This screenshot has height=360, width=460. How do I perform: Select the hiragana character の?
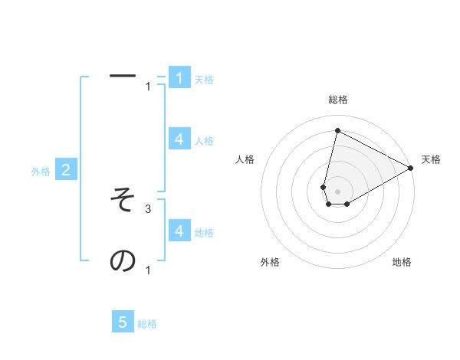[x=123, y=261]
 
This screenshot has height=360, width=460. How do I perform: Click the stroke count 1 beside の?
[x=148, y=270]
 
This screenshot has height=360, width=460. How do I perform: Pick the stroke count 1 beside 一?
[x=148, y=86]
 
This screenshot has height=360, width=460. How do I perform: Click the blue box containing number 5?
[x=123, y=322]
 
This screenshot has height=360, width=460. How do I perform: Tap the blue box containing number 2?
[x=66, y=170]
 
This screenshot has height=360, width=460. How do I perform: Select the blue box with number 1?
[x=179, y=77]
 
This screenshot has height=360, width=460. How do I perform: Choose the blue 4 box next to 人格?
[x=179, y=139]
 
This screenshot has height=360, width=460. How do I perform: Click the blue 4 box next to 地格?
[x=179, y=231]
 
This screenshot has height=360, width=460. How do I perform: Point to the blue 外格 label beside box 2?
[x=41, y=172]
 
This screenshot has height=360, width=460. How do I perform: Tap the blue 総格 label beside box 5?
[x=147, y=324]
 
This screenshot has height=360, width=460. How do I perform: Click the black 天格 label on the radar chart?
[x=431, y=159]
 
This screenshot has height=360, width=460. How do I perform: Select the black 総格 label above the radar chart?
[x=337, y=100]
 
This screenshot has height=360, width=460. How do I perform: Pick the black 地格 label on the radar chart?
[x=402, y=262]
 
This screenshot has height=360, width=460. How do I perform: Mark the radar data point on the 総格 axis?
[x=337, y=129]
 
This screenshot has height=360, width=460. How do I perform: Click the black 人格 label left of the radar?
[x=245, y=159]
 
